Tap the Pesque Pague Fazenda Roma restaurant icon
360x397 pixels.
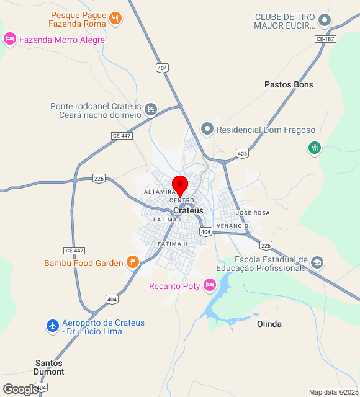click(115, 19)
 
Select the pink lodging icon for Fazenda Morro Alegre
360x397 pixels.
click(9, 39)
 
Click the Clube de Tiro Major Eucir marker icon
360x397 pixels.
click(324, 21)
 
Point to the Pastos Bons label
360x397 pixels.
click(289, 84)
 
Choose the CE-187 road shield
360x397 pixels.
click(325, 39)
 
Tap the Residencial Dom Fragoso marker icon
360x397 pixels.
click(207, 130)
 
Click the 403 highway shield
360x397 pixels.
click(242, 153)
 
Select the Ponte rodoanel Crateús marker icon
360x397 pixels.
click(150, 110)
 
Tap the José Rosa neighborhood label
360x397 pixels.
click(253, 212)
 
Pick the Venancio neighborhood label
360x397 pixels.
click(232, 226)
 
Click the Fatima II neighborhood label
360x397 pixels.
click(172, 244)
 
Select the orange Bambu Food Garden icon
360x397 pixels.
click(132, 262)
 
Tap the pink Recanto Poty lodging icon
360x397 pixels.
click(209, 285)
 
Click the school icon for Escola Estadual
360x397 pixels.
click(317, 263)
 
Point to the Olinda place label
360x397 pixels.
click(269, 324)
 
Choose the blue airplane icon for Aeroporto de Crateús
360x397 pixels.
click(53, 326)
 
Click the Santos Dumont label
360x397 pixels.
click(50, 367)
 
